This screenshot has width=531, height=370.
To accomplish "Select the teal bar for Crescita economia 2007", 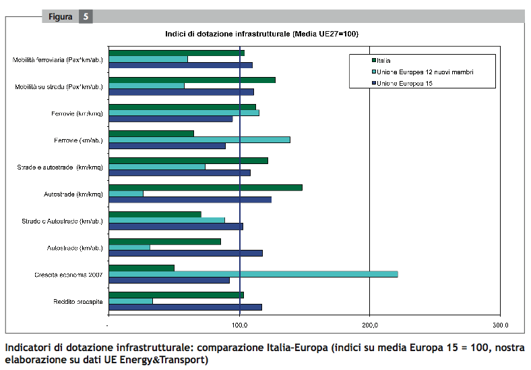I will (253, 274).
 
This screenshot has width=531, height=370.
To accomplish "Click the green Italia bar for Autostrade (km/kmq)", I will (205, 188).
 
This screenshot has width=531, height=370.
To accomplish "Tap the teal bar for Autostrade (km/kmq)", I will (126, 194).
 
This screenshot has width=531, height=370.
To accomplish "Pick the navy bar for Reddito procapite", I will (185, 307).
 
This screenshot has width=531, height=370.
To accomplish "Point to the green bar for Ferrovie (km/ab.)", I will (151, 134).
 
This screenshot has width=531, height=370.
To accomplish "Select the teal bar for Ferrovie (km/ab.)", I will (199, 140).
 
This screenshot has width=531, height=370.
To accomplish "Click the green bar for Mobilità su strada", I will (191, 80).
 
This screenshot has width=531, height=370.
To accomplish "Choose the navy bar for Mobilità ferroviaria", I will (180, 65).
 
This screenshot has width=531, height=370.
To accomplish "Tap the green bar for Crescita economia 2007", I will (142, 268).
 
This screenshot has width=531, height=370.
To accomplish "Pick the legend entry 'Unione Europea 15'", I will (402, 83).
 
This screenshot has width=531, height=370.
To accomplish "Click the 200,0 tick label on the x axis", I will (369, 325).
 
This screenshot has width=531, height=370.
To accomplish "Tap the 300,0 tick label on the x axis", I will (499, 325).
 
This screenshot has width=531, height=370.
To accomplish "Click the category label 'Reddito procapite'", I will (78, 302).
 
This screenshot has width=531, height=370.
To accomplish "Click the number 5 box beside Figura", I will (85, 17).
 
